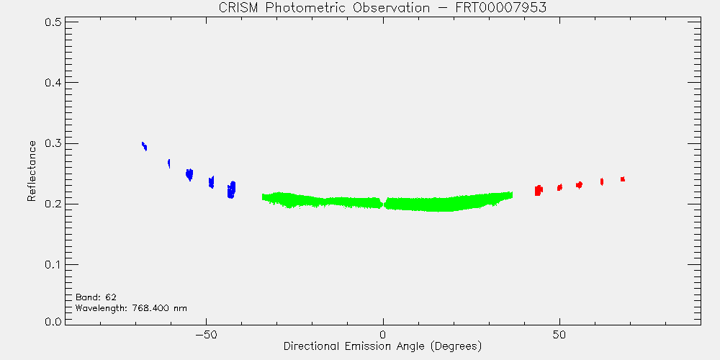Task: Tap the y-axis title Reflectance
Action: (x=31, y=171)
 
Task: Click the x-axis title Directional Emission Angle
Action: (x=382, y=346)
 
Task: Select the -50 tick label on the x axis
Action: (x=206, y=334)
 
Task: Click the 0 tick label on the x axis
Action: (x=383, y=334)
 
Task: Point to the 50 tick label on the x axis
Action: (x=559, y=334)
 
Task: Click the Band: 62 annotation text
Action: (x=96, y=297)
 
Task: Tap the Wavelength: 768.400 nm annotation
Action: (x=131, y=308)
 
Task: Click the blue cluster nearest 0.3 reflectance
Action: (x=144, y=146)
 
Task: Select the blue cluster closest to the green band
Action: (x=231, y=189)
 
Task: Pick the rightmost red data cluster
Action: (x=623, y=179)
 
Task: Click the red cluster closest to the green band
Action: (x=538, y=190)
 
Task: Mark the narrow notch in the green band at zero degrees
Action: (x=384, y=202)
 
